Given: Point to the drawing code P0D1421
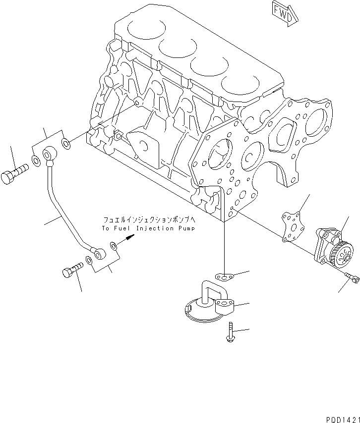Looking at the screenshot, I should pyautogui.click(x=342, y=417).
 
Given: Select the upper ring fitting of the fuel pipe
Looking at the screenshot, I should pyautogui.click(x=50, y=155).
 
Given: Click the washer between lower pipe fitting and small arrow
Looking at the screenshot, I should pyautogui.click(x=114, y=245).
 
